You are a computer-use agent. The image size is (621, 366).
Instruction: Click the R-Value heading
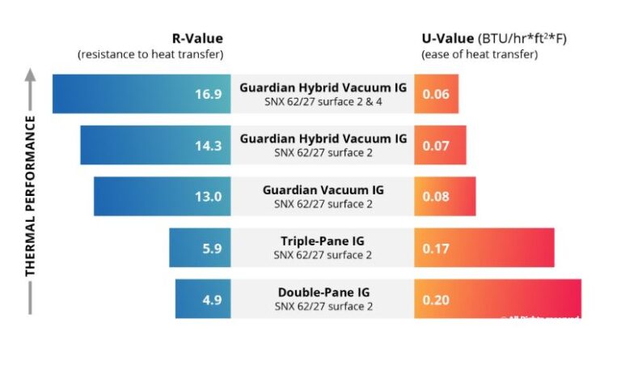tap(197, 38)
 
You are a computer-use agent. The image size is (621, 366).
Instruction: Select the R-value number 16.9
tap(208, 94)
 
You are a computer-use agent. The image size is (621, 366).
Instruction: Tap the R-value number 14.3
tap(208, 145)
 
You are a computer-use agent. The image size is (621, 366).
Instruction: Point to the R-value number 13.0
tap(208, 197)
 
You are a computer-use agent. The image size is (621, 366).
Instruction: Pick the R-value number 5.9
tap(212, 249)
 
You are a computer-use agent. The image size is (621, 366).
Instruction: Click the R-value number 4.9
tap(212, 300)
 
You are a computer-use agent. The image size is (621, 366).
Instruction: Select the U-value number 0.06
tap(436, 94)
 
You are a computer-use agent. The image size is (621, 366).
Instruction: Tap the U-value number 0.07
tap(436, 145)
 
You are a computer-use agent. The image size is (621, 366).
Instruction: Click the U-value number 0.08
tap(436, 197)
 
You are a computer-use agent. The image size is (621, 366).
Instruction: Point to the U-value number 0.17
tap(436, 249)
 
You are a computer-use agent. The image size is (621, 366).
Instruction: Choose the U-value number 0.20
tap(436, 300)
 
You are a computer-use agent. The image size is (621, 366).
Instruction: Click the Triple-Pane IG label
tap(323, 241)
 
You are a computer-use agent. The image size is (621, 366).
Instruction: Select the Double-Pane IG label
tap(323, 292)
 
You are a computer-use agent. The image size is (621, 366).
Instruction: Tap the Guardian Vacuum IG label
tap(323, 189)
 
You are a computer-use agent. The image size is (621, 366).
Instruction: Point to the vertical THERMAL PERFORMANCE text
tap(31, 194)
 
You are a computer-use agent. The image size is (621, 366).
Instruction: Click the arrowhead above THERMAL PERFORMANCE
tap(31, 74)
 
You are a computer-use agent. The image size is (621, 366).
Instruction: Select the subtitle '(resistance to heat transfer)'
tap(150, 54)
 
